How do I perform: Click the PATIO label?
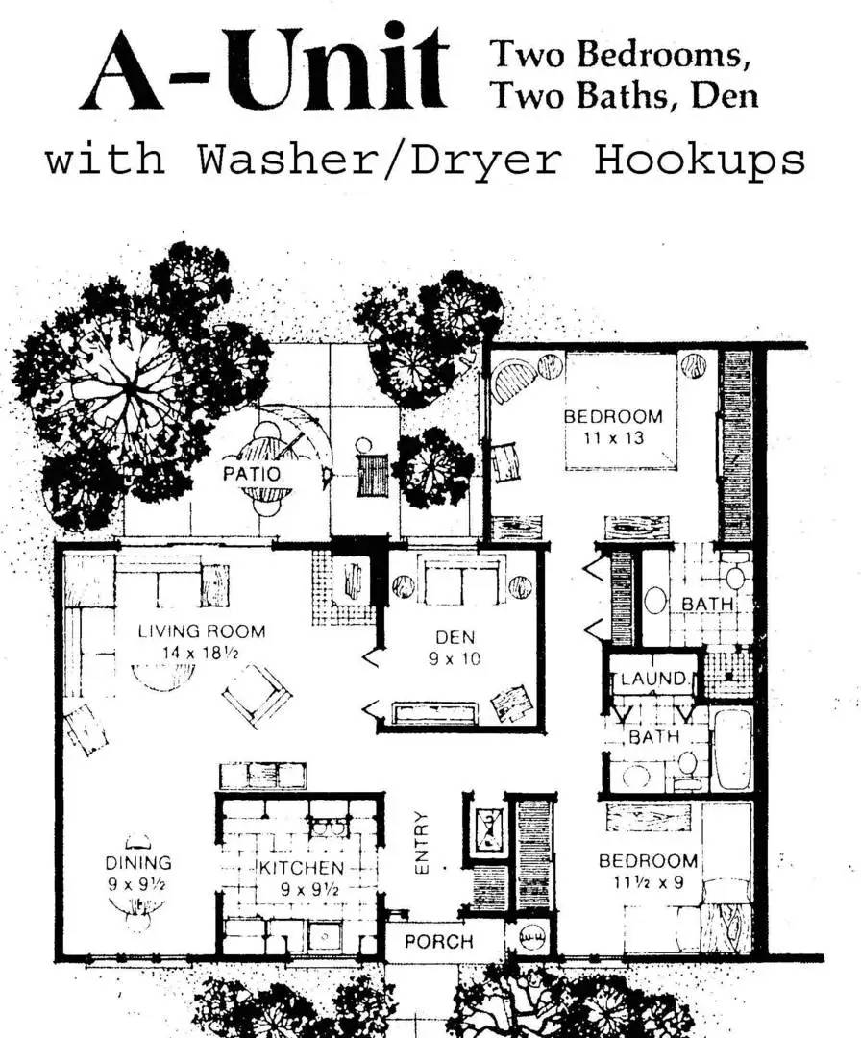[252, 474]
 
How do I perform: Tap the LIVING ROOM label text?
[201, 631]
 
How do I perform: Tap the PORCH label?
[438, 941]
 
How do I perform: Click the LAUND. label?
[654, 680]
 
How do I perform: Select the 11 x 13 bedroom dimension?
[611, 437]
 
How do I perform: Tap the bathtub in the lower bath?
[731, 749]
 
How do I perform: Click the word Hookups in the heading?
[700, 160]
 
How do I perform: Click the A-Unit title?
[264, 69]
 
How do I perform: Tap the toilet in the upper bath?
[736, 575]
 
